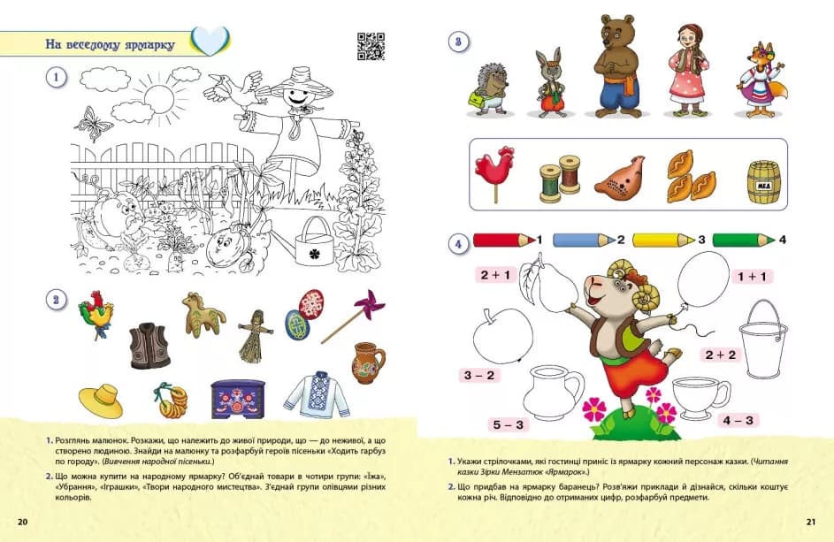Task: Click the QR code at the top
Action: tap(371, 46)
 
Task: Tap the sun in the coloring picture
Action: tap(158, 99)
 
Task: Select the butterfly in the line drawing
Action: tap(94, 124)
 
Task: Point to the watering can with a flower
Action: tap(314, 242)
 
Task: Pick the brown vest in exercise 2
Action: tap(149, 346)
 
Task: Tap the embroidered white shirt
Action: tap(317, 394)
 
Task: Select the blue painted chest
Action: tap(238, 399)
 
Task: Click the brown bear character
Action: tap(616, 66)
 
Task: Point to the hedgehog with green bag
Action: tap(490, 89)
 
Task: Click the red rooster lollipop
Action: tap(495, 174)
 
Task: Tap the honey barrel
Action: tap(764, 182)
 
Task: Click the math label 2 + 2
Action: tap(721, 355)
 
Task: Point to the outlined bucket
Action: tap(763, 339)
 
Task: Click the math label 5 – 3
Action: tap(508, 424)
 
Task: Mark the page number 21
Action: tap(811, 522)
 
